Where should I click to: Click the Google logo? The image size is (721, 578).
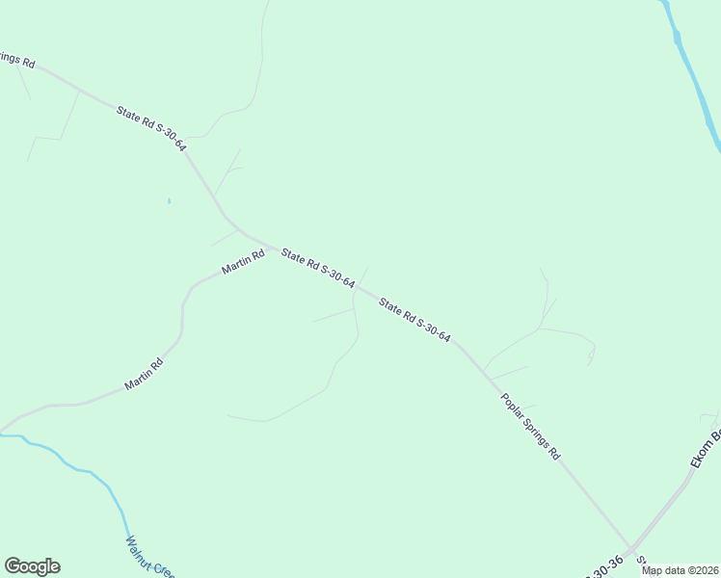point(32,566)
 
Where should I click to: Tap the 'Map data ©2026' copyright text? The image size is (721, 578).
point(680,570)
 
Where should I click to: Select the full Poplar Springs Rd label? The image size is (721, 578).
point(529,425)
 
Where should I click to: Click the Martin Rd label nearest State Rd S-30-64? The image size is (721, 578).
point(243,263)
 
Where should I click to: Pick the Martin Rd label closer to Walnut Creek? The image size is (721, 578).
point(144,375)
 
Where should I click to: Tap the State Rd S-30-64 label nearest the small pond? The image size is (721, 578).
point(151,127)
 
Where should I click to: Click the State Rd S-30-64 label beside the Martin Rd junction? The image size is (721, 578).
point(318,269)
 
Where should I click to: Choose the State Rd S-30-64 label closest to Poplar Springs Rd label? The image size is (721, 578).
point(415,321)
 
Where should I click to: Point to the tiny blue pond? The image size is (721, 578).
point(169,200)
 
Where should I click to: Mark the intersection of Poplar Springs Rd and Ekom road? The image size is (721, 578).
point(632,548)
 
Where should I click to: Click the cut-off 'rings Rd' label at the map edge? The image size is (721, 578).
point(17,61)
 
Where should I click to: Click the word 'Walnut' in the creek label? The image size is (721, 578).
point(139,548)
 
